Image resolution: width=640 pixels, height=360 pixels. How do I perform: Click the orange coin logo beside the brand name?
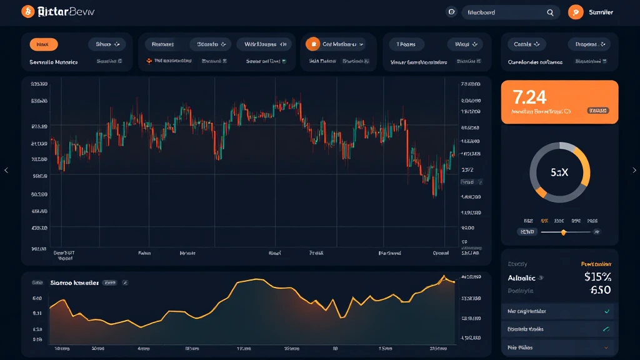(x=27, y=11)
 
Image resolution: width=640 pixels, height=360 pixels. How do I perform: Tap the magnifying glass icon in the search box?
(x=551, y=12)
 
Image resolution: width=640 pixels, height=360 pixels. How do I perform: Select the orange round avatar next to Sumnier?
(x=576, y=12)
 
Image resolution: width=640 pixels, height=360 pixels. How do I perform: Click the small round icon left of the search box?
(x=451, y=12)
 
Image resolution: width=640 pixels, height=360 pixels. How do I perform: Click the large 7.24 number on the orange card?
(x=529, y=97)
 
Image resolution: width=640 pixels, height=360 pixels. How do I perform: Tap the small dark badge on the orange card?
(x=597, y=111)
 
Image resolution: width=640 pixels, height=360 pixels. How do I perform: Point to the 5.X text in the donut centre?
(x=559, y=172)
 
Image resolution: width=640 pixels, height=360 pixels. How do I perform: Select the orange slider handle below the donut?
(x=564, y=232)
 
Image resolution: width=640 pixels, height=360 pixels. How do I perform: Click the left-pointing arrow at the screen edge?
(x=6, y=170)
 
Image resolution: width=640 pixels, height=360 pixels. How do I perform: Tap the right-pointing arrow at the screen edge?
(x=634, y=170)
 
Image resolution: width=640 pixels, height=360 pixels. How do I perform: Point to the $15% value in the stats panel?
(x=597, y=277)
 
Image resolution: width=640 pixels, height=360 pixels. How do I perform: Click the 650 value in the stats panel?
(x=600, y=290)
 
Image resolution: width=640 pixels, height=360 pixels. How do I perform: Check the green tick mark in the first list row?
(x=606, y=311)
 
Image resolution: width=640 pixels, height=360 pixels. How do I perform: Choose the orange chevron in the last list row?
(x=606, y=347)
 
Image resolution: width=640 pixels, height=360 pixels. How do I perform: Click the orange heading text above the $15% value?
(x=596, y=264)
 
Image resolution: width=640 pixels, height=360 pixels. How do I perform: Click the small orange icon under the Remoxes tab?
(x=149, y=61)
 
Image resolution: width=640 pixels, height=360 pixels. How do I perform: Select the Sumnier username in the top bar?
(x=601, y=12)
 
